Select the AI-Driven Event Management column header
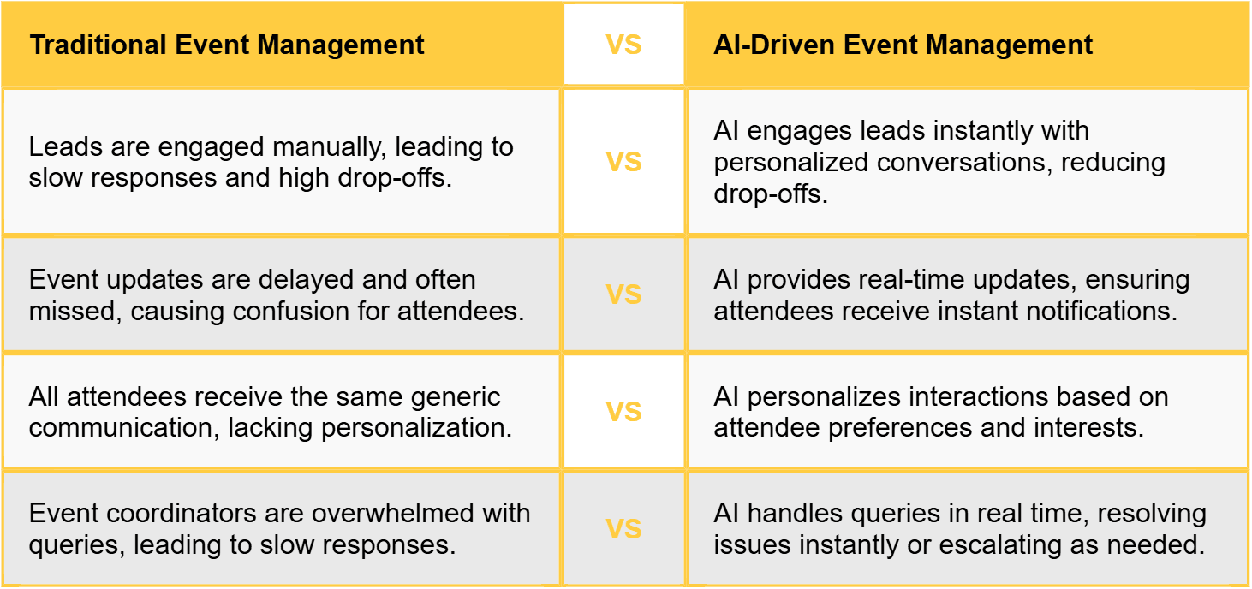click(903, 45)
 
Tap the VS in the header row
click(623, 45)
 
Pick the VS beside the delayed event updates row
click(623, 294)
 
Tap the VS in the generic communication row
click(623, 412)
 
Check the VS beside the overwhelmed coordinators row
click(623, 529)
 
